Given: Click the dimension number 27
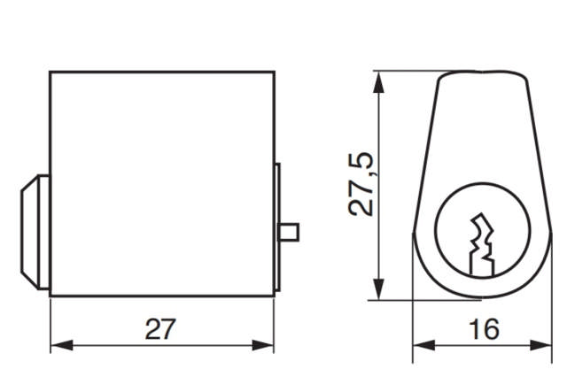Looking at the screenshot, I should pos(159,329).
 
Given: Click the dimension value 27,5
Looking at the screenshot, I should pos(361,185).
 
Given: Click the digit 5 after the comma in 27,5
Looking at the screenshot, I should pos(361,162).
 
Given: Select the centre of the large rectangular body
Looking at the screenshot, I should pos(160,184).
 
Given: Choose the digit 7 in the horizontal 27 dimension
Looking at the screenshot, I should pos(167,329).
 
